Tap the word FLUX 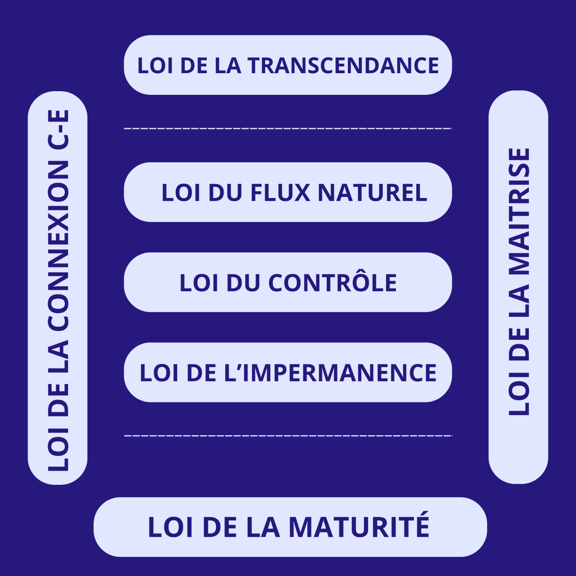280,193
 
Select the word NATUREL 372,193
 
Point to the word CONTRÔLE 332,283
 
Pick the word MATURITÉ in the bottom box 359,527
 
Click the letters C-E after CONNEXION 58,129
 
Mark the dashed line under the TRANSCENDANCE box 288,128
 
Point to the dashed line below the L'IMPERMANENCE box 288,435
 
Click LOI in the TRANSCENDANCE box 155,66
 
